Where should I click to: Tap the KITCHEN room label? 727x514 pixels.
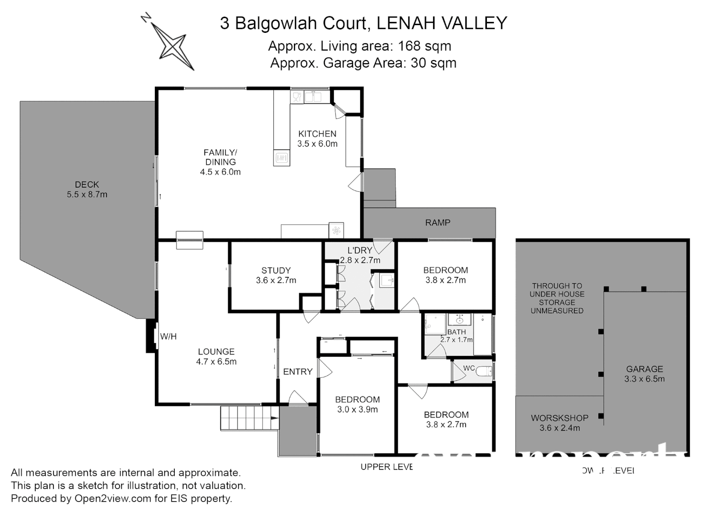317,134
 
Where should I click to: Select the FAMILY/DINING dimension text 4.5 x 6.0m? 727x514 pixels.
220,172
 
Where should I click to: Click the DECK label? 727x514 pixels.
87,184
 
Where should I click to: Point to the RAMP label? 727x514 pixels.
437,222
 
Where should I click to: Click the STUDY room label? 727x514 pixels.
276,270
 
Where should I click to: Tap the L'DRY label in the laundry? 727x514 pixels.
360,250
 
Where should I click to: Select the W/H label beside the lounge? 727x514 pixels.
168,336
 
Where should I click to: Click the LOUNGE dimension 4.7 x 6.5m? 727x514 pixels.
216,362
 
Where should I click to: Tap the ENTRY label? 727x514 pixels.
298,372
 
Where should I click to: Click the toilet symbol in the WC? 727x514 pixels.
484,371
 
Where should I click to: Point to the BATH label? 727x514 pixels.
456,332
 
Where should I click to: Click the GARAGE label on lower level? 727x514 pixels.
644,369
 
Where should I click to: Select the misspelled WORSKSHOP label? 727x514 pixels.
559,418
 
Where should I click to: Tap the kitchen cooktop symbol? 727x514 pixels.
282,158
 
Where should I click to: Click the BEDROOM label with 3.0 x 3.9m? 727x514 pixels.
357,399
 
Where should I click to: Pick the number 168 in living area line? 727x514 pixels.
410,46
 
